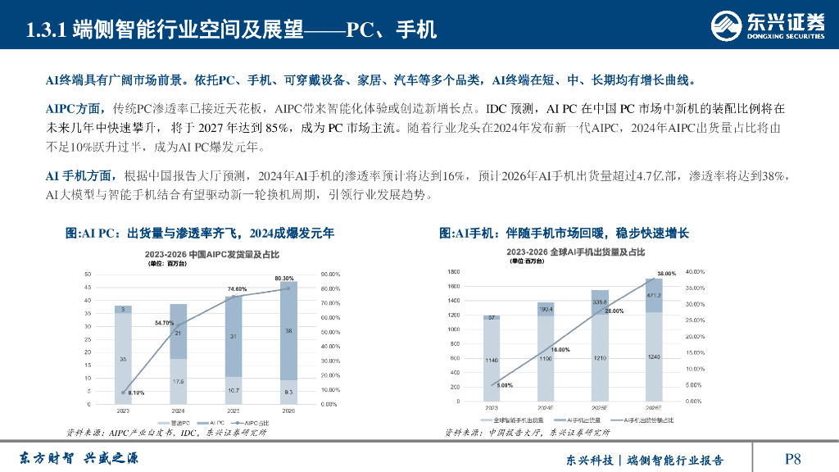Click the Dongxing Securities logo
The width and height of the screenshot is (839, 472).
767,25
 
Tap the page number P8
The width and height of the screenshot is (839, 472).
792,458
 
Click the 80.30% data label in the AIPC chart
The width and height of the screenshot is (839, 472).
284,279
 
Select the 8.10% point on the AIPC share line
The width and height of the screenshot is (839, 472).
124,393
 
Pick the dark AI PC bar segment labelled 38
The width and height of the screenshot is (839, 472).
287,330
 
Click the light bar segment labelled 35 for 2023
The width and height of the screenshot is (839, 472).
124,358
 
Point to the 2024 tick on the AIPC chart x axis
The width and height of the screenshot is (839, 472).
177,411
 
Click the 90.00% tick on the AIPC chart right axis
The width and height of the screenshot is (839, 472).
331,275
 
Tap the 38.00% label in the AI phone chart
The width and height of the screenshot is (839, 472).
666,273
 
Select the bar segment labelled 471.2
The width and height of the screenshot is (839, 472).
654,295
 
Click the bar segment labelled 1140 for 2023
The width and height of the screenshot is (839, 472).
492,360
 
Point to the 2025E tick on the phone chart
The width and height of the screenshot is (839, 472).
599,408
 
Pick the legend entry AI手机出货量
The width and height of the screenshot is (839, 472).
572,420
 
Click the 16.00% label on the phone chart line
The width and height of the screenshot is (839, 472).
560,349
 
